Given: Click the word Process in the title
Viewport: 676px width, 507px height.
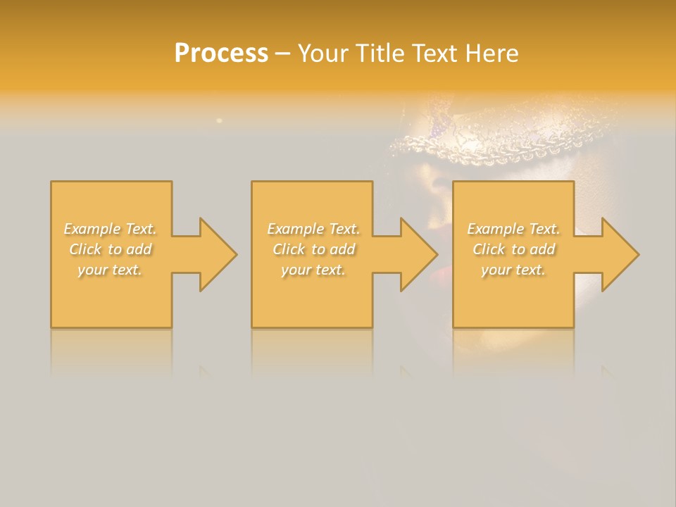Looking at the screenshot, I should point(221,54).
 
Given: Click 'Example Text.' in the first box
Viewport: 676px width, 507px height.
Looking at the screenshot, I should point(111,229).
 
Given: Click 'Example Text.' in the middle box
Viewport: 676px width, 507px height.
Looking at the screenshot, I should point(313,229).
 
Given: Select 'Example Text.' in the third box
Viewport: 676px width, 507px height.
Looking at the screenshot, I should point(513,229).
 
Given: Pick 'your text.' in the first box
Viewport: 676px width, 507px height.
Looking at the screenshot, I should point(110,270).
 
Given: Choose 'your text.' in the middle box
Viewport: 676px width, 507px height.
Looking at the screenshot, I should point(313,270).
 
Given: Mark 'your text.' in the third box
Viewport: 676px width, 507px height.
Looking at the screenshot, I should point(513,270).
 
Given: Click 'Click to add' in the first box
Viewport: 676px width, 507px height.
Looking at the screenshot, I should point(111,249).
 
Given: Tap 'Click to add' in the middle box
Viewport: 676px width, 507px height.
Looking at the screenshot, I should point(313,249).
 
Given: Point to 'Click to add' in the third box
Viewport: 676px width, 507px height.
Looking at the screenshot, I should point(513,249).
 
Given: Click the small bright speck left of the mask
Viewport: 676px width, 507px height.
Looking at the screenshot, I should point(219,121).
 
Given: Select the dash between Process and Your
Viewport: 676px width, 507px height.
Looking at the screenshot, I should point(282,54).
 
